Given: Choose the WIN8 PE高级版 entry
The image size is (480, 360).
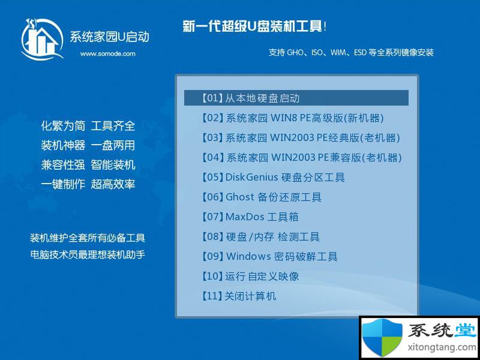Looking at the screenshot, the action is coord(293,118).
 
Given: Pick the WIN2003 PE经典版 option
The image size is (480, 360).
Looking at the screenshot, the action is coord(301,138).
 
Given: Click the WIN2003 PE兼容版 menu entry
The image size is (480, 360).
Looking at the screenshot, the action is coord(302,157).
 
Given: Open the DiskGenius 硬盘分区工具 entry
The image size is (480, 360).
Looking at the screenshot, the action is coord(274,177).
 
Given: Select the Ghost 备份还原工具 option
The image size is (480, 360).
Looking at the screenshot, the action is coord(262,197).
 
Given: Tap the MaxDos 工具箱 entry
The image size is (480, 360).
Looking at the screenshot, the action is coord(250,217).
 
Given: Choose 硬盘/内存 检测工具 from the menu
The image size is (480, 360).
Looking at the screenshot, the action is coord(260,236).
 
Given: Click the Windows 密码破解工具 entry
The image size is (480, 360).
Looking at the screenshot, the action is coord(269,256).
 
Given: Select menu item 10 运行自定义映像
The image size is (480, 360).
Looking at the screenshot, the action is coord(250,276).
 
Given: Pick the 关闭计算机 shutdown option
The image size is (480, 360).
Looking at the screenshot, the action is coord(239,296).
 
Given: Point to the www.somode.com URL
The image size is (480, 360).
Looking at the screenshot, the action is coord(108,54).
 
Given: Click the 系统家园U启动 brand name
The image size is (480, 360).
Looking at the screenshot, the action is coord(109,37).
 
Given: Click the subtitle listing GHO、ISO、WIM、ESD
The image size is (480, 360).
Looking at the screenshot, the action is coord(351,52).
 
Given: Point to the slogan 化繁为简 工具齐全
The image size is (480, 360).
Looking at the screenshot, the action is coord(88,126).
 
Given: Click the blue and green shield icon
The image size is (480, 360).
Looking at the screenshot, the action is coord(382,337).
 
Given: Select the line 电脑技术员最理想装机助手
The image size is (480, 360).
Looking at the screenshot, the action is coord(88,254).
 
